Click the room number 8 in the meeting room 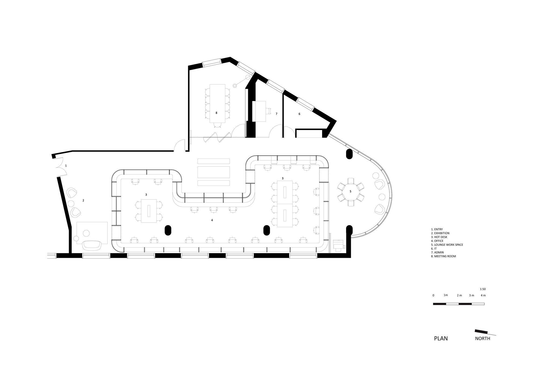[216, 113]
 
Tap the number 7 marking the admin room [276, 114]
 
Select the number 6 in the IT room [299, 114]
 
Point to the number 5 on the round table [350, 191]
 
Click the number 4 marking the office [212, 220]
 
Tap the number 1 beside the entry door [66, 166]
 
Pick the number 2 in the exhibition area [83, 200]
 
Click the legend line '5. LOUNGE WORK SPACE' [447, 245]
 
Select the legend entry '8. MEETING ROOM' [443, 256]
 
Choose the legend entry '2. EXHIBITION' [440, 233]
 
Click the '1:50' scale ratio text [483, 289]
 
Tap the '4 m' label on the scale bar [483, 295]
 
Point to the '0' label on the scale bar [433, 295]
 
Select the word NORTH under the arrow [482, 339]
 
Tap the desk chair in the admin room [269, 111]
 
